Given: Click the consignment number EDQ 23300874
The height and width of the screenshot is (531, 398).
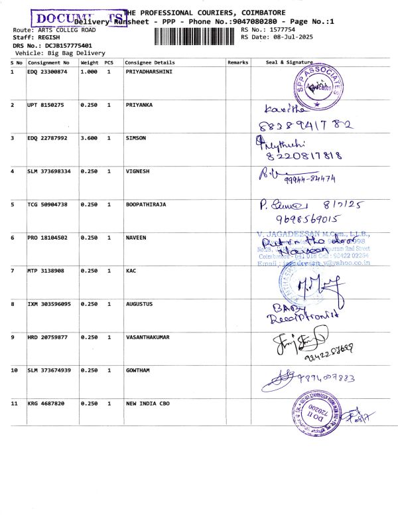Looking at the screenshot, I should coord(47,72).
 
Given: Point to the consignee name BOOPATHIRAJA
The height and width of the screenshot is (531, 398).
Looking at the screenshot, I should coord(146,204).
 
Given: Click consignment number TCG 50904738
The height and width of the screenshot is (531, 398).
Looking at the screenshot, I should coord(47,204).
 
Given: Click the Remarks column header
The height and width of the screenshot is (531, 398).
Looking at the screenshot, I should coord(237,62).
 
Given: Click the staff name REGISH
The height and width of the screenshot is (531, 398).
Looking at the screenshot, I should coord(49,38).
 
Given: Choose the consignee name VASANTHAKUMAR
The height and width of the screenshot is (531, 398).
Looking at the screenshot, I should coord(147,337).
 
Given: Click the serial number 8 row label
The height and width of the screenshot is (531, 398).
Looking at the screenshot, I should coord(13,304).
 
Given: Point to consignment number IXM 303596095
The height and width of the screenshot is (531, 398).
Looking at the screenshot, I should coord(49,304).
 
